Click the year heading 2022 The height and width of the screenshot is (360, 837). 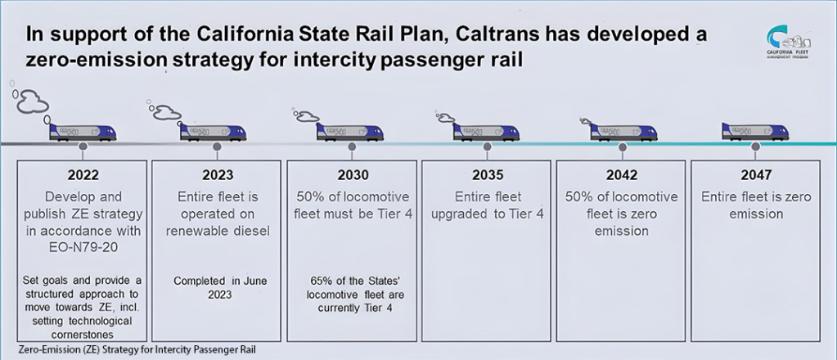click(83, 174)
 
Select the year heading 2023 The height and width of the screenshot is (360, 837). click(217, 174)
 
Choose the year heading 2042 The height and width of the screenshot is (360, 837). click(621, 174)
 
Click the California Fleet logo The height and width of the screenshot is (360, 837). click(790, 41)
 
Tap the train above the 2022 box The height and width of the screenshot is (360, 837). click(82, 132)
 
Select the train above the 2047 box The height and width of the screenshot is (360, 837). click(754, 132)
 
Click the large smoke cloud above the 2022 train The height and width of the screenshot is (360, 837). click(33, 101)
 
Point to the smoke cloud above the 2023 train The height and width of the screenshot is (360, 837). click(168, 112)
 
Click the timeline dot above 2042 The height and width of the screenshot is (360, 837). click(621, 146)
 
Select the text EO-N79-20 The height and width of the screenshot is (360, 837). click(83, 247)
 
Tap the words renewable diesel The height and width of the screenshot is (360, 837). click(217, 231)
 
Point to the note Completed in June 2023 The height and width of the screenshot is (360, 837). click(217, 287)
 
